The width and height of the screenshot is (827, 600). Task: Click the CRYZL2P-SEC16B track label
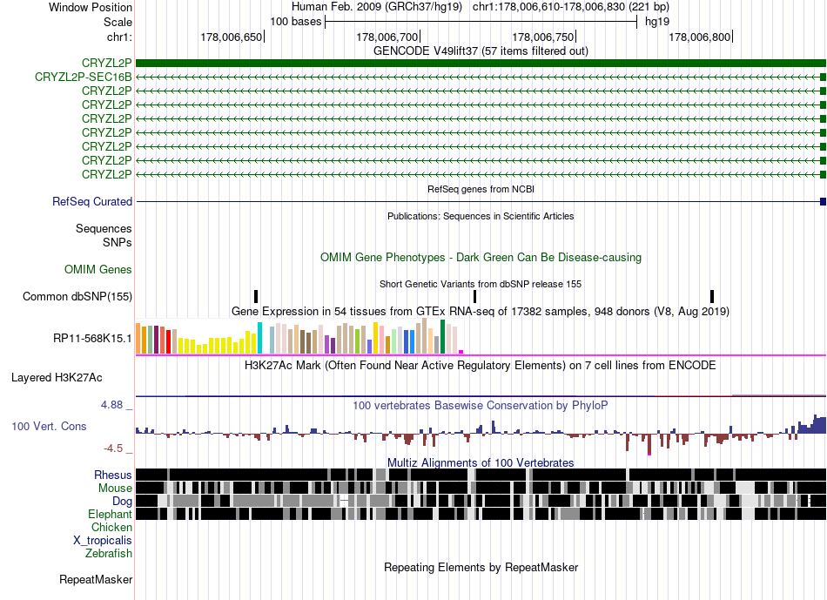tap(84, 77)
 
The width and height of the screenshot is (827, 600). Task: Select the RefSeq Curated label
tap(92, 201)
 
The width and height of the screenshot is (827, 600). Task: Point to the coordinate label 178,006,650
tap(231, 37)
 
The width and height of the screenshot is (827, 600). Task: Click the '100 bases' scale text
tap(296, 22)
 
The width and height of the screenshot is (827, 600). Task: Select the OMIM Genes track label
tap(98, 270)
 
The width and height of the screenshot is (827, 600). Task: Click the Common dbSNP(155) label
tap(77, 296)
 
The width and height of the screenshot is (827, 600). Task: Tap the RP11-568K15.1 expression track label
tap(92, 338)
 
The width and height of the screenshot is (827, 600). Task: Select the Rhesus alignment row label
tap(113, 475)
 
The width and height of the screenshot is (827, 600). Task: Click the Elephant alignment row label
tap(110, 514)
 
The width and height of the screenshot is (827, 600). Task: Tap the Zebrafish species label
tap(109, 553)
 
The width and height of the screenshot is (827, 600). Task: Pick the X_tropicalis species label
tap(103, 540)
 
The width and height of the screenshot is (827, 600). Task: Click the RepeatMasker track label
tap(96, 579)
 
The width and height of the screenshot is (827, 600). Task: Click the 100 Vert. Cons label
tap(49, 426)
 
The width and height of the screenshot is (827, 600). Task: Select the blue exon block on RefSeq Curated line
tap(823, 201)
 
